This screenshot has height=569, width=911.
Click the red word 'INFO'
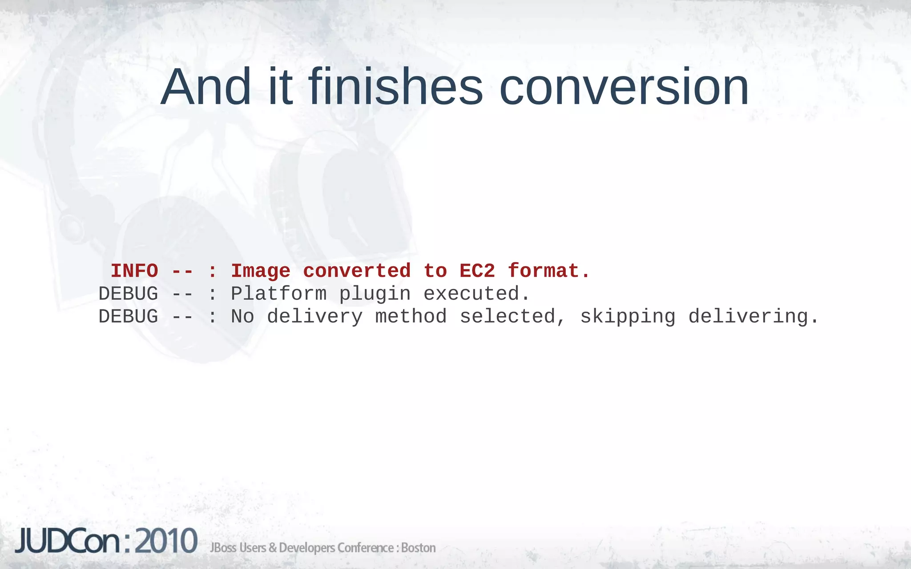tap(134, 271)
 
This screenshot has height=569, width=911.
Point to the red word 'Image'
tap(261, 271)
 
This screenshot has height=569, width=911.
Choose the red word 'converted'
tap(357, 271)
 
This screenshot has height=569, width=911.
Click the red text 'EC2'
tap(477, 271)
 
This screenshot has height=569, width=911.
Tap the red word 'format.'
tap(549, 271)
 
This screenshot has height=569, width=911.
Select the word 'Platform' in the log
tap(278, 294)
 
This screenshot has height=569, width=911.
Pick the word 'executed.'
tap(476, 294)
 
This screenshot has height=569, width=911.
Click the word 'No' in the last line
tap(242, 317)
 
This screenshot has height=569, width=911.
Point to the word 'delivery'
tap(315, 317)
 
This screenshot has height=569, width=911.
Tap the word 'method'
tap(411, 317)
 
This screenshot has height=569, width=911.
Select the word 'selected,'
tap(512, 317)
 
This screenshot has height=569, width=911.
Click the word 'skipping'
tap(628, 317)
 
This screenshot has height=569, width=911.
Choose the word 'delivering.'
tap(754, 317)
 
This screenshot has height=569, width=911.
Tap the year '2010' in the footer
tap(166, 541)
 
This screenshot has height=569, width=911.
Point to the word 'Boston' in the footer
tap(418, 548)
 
